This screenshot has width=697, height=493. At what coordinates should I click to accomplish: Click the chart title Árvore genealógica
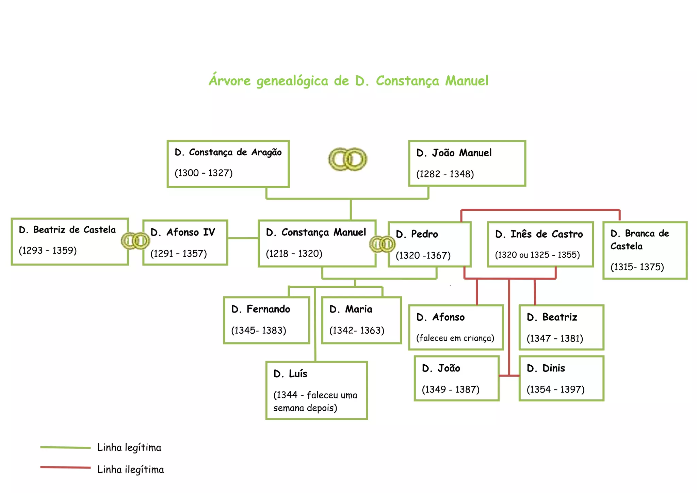pos(348,81)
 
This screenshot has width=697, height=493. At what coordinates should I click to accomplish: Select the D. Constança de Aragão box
pos(228,164)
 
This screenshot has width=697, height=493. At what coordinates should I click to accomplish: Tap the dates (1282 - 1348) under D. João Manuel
pos(445,174)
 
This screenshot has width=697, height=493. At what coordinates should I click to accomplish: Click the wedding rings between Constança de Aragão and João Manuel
pos(347,159)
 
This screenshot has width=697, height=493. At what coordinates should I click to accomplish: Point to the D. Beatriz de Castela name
pos(67,230)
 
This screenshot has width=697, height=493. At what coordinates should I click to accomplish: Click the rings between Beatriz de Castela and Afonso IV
pos(135,241)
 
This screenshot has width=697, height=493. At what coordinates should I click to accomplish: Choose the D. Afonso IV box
pos(185,242)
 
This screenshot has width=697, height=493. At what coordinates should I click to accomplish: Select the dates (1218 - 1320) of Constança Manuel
pos(294,253)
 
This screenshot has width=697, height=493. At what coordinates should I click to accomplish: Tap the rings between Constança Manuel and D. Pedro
pos(382,244)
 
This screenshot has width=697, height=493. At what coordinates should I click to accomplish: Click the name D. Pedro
pos(417,234)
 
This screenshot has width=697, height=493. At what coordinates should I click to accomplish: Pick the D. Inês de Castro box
pos(540,244)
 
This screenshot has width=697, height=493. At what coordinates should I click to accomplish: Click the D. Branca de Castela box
pos(645,250)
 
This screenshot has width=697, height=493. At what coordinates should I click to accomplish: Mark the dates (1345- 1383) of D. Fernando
pos(259,330)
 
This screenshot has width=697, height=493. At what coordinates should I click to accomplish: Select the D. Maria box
pos(361,320)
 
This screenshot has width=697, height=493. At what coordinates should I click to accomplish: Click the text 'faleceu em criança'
pos(455,338)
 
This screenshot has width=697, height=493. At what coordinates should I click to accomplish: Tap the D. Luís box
pos(317,390)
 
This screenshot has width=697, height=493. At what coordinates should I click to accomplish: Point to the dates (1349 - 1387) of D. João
pos(451,389)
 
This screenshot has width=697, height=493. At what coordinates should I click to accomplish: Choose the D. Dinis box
pos(561,378)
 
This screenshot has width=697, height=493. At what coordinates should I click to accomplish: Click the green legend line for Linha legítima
pos(65,447)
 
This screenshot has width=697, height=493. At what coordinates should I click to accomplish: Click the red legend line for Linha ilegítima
pos(65,467)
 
